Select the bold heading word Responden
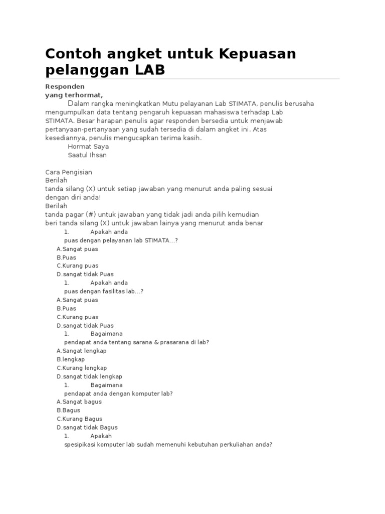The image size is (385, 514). (65, 86)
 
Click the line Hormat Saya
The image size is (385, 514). (88, 147)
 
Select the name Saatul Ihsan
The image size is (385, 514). (87, 155)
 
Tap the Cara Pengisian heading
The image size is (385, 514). (69, 172)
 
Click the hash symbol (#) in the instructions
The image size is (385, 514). (90, 214)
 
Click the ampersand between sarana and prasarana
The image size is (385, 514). (156, 342)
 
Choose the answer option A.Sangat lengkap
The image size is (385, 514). (82, 351)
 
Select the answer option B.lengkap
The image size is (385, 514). (71, 359)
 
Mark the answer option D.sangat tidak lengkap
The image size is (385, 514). (89, 376)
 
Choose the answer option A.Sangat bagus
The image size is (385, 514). (79, 402)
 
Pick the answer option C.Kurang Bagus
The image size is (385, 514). (79, 419)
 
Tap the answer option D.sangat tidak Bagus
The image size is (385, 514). (87, 427)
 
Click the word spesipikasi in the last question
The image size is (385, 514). (80, 444)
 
